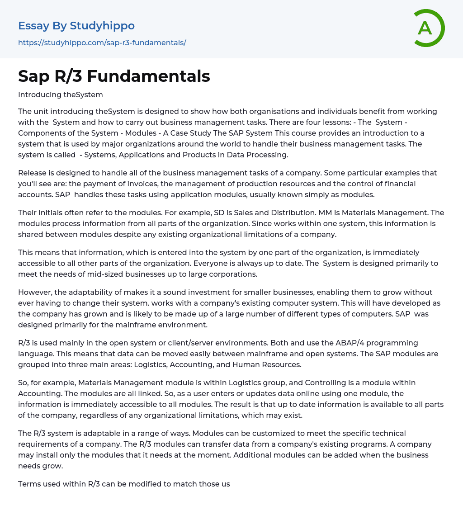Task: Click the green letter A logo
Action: click(429, 28)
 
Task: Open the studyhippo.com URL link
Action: click(102, 43)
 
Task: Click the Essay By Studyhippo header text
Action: click(76, 26)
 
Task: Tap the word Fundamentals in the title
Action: click(148, 76)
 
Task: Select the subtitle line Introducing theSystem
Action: click(61, 94)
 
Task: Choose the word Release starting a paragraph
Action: click(32, 173)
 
